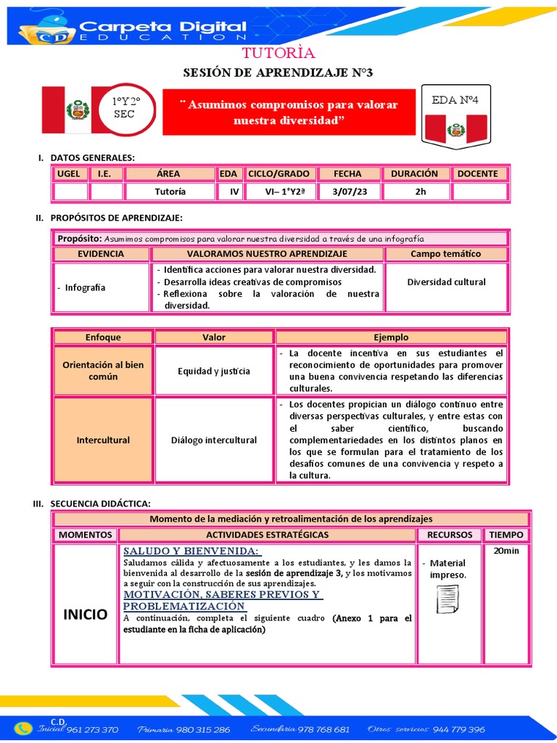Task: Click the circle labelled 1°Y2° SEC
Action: (124, 109)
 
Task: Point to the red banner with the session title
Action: (289, 112)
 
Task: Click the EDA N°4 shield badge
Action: (455, 116)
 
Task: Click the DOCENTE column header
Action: (477, 173)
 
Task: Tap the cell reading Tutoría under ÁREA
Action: (170, 192)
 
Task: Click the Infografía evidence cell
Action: (102, 287)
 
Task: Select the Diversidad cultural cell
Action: (446, 282)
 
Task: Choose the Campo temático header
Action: (445, 254)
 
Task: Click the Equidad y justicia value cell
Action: (214, 371)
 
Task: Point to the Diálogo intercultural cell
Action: (214, 440)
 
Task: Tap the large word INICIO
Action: (86, 614)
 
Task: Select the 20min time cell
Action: (506, 551)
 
